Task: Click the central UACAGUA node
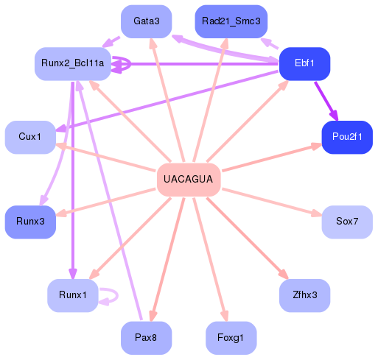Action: click(189, 180)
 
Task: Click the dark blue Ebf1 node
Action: click(304, 63)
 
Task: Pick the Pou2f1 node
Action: click(346, 137)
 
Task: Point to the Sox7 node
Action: click(346, 222)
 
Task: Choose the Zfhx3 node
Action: click(304, 295)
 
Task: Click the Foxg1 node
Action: click(231, 337)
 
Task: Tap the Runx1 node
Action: click(72, 295)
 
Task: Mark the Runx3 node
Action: click(29, 222)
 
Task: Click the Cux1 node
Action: click(29, 137)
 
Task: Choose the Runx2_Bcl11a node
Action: click(72, 63)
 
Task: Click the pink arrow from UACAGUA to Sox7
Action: click(273, 202)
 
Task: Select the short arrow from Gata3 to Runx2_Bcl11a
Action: click(111, 40)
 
